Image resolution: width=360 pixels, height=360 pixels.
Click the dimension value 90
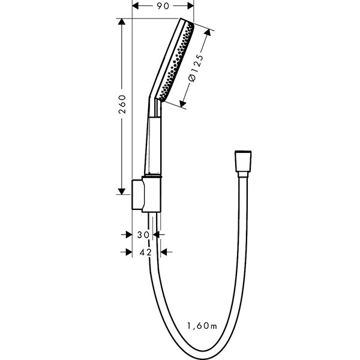[163, 6]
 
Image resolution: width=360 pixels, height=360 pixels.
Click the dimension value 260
[122, 104]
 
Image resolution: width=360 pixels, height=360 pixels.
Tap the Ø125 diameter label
[196, 68]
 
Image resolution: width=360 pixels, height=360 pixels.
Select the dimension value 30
[143, 235]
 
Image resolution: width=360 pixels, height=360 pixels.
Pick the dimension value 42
[146, 252]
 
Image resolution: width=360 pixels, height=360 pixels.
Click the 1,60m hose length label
[202, 326]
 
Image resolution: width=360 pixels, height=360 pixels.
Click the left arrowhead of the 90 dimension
[136, 6]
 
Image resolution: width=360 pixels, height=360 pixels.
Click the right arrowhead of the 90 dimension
[191, 6]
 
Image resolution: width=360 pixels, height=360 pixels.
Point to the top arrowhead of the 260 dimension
[121, 22]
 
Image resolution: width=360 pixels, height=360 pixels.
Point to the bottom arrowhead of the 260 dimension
[121, 191]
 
